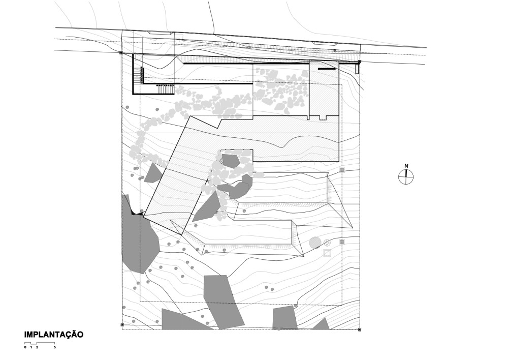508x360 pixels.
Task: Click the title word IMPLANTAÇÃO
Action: (53, 335)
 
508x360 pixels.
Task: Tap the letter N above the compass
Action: (406, 166)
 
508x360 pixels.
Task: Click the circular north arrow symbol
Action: (406, 177)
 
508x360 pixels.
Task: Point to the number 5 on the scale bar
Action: (54, 348)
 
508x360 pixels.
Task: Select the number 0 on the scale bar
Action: (25, 348)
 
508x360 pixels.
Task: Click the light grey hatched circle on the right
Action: (315, 243)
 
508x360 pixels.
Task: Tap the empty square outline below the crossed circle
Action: (327, 253)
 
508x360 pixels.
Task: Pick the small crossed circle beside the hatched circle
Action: (327, 243)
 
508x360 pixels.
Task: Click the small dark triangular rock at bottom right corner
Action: (322, 324)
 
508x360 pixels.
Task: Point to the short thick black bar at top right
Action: (327, 68)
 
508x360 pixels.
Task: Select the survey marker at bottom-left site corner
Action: (122, 324)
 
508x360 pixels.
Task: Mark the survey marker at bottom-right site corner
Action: (360, 329)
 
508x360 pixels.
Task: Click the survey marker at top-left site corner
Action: (121, 53)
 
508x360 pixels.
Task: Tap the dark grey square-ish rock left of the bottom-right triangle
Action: (284, 318)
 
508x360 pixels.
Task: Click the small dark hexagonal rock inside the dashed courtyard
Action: (231, 161)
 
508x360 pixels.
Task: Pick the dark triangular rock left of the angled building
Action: (152, 174)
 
